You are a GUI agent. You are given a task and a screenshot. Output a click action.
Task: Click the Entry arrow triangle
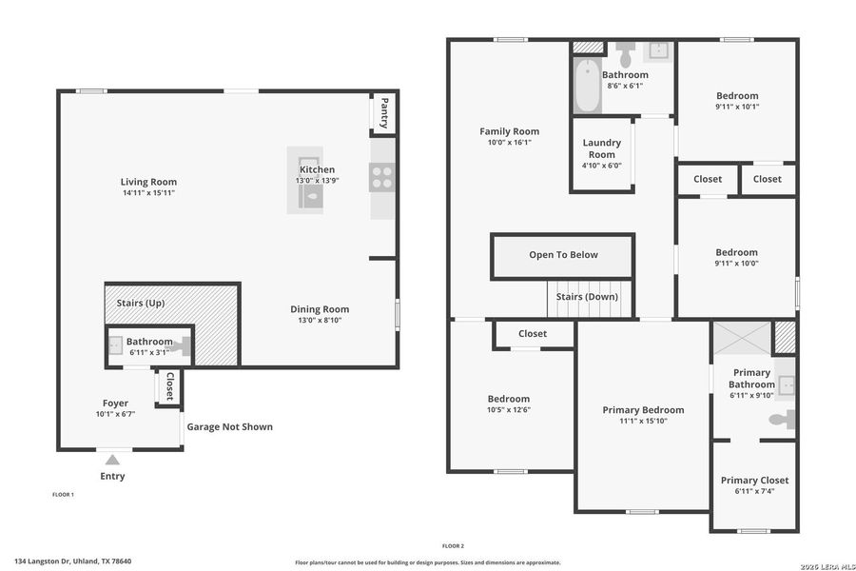pos(112,461)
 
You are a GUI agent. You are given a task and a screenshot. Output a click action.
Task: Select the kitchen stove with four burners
pos(382,177)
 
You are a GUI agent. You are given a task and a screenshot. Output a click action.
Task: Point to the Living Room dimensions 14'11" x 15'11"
pos(148,193)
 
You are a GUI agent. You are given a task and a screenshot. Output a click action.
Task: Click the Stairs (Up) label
pos(141,303)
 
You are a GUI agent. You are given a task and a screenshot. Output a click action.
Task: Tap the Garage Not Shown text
pos(229,426)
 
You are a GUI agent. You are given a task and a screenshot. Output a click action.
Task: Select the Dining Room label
pos(320,309)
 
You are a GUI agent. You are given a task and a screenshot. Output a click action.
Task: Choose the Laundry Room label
pos(601,148)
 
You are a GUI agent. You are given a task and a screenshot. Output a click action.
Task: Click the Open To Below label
pos(563,255)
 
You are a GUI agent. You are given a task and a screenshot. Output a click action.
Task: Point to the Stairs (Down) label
pos(587,297)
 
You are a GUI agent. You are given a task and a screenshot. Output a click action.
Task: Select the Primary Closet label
pos(754,481)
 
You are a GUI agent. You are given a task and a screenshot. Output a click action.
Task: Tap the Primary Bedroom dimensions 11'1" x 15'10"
pos(643,421)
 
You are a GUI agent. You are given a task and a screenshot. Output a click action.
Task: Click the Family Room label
pos(509,132)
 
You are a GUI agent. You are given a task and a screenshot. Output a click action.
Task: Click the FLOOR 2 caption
pos(453,546)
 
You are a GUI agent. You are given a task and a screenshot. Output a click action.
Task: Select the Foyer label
pos(115,404)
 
